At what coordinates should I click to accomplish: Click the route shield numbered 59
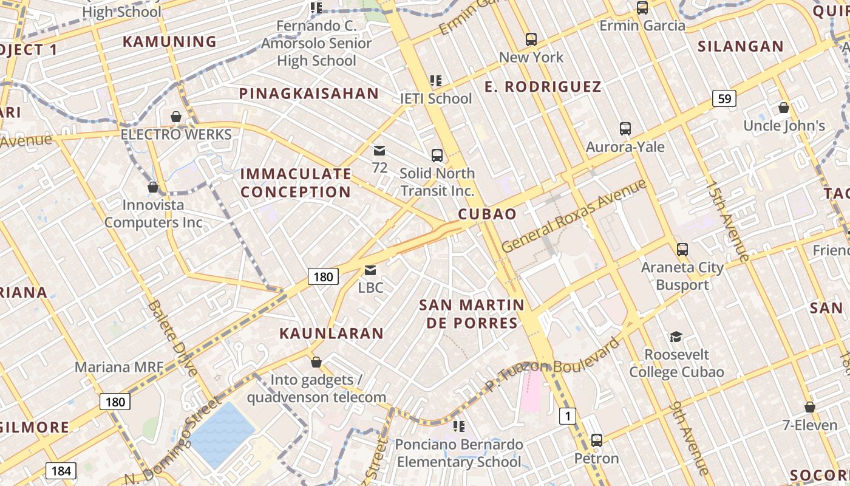tap(724, 98)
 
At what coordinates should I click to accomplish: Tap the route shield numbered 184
tap(61, 470)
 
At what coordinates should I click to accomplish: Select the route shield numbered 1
tap(567, 416)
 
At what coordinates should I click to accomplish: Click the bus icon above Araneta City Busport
tap(682, 249)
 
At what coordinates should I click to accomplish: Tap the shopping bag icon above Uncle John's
tap(784, 108)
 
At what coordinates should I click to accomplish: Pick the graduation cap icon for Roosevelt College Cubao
tap(676, 337)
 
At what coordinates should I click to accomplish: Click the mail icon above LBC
tap(370, 270)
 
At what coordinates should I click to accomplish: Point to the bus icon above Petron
tap(597, 440)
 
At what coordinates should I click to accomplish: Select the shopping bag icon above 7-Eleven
tap(809, 407)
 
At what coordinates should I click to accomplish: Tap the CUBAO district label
tap(487, 214)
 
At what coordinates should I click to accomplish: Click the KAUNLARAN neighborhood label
tap(331, 333)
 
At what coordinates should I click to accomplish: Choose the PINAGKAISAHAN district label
tap(309, 94)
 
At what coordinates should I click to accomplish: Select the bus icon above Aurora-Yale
tap(625, 129)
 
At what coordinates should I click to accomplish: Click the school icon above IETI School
tap(435, 80)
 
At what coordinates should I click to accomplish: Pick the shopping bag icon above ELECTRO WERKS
tap(176, 116)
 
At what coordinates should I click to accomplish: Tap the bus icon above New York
tap(531, 39)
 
